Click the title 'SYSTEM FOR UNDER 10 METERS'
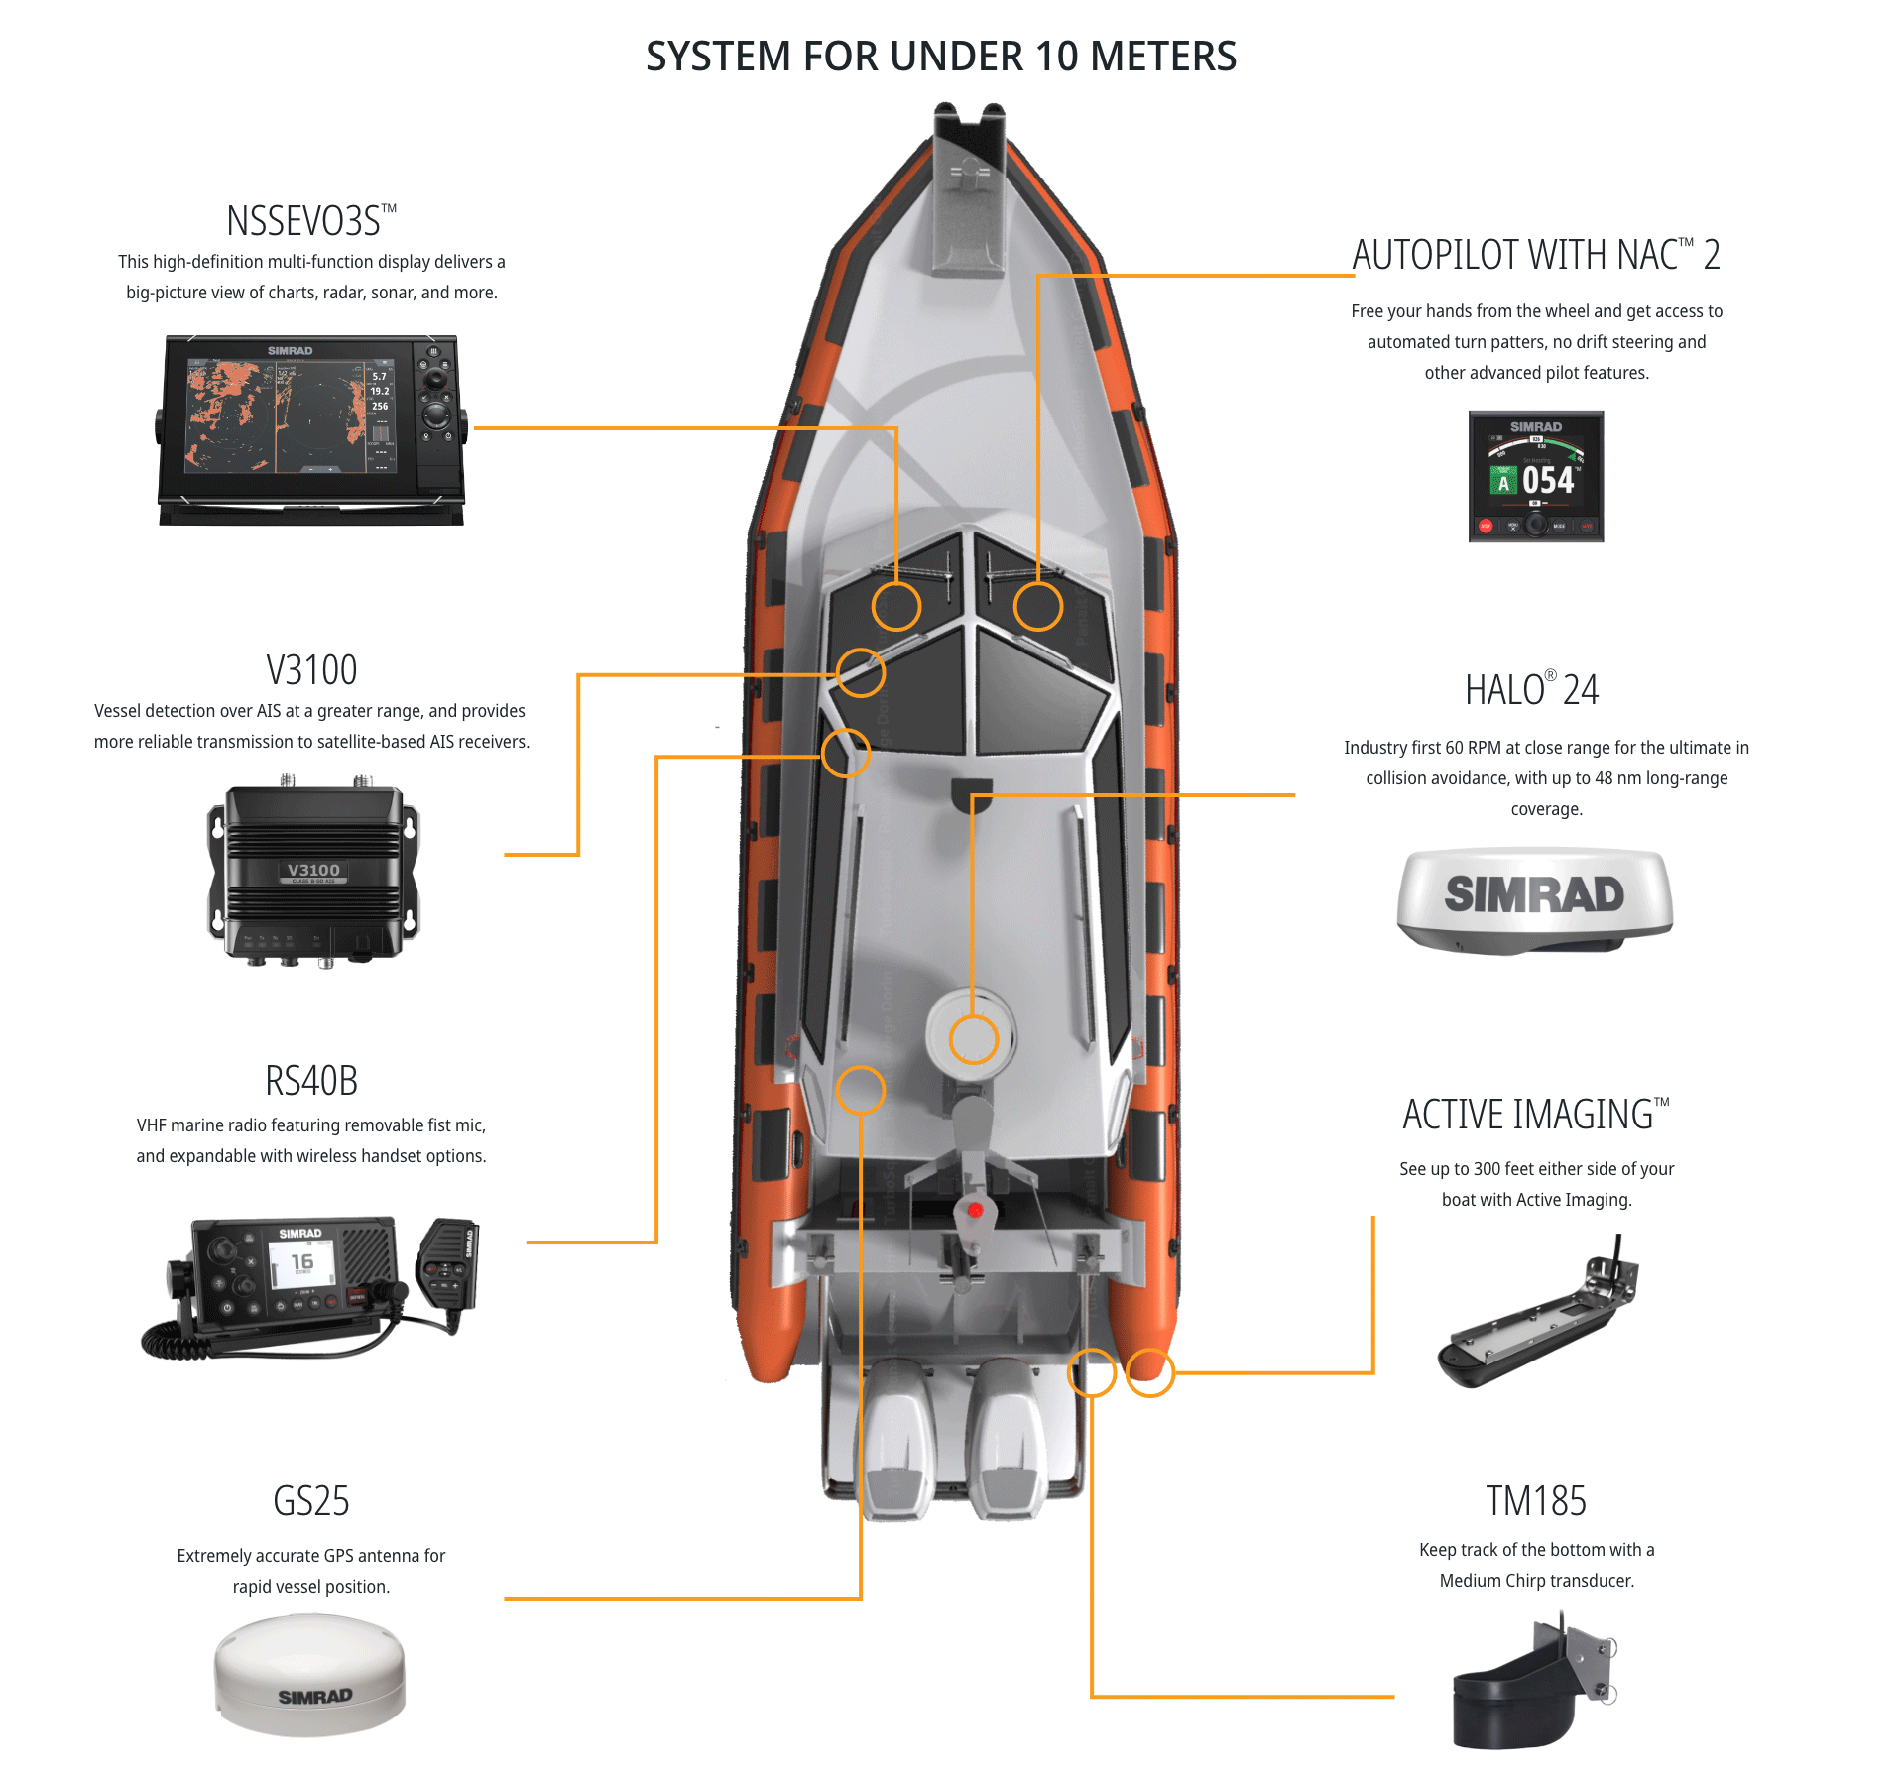pos(940,57)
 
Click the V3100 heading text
pos(311,670)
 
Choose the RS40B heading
pos(311,1081)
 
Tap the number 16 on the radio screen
pos(302,1262)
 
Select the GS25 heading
pos(311,1501)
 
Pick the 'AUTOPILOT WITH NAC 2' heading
pos(1535,255)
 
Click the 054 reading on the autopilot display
pos(1548,481)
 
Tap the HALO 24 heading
pos(1531,690)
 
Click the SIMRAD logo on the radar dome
pos(1534,894)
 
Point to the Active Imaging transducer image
pos(1537,1314)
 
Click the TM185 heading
pos(1535,1501)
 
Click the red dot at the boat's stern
pos(975,1210)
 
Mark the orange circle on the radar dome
pos(973,1039)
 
